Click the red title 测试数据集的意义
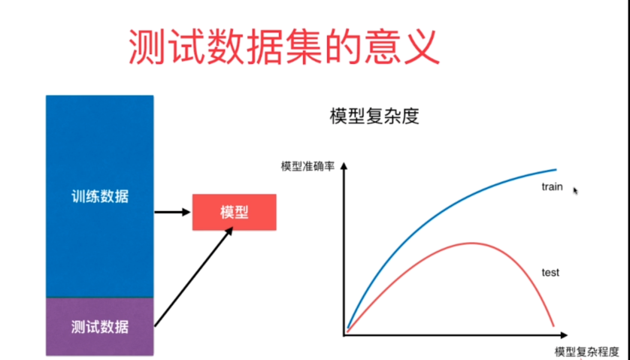click(283, 48)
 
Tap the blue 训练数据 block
click(100, 196)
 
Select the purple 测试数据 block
click(100, 326)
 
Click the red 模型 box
click(235, 212)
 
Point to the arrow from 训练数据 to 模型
click(172, 212)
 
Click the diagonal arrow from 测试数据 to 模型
click(194, 277)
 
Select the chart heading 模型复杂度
click(374, 116)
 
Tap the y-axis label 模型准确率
click(307, 166)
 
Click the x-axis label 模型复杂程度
click(587, 352)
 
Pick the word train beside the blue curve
click(552, 187)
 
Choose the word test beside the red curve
click(550, 273)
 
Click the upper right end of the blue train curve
click(556, 170)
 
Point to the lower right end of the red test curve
click(553, 326)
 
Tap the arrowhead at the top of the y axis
click(344, 165)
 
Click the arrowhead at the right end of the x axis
click(564, 335)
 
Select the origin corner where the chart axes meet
click(344, 335)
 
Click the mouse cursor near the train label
click(575, 191)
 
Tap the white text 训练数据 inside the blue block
click(100, 197)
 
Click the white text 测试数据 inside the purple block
click(100, 327)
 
